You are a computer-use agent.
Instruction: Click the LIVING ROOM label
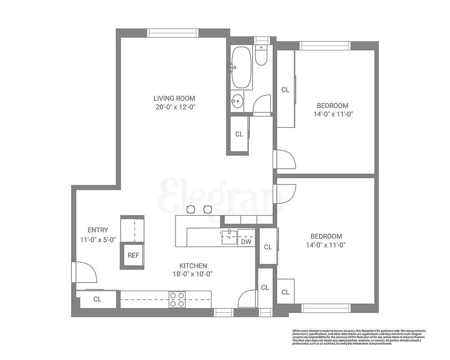[174, 98]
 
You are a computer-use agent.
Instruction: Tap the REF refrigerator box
[133, 255]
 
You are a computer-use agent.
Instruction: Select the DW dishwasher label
[246, 242]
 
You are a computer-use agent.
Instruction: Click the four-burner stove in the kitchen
[177, 299]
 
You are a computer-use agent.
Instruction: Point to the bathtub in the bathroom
[242, 67]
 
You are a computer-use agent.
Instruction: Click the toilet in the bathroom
[261, 55]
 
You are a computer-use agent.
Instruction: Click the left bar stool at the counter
[191, 209]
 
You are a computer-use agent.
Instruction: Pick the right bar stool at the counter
[207, 209]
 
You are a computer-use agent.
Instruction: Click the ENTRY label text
[98, 230]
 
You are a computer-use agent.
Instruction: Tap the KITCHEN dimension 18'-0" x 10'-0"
[193, 274]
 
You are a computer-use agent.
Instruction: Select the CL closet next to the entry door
[97, 299]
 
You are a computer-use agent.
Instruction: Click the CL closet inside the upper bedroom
[285, 90]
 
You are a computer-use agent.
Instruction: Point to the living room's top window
[173, 33]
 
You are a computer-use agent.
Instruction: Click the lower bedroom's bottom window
[325, 308]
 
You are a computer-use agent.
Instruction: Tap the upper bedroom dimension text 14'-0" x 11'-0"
[333, 114]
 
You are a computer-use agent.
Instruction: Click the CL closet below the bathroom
[239, 134]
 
